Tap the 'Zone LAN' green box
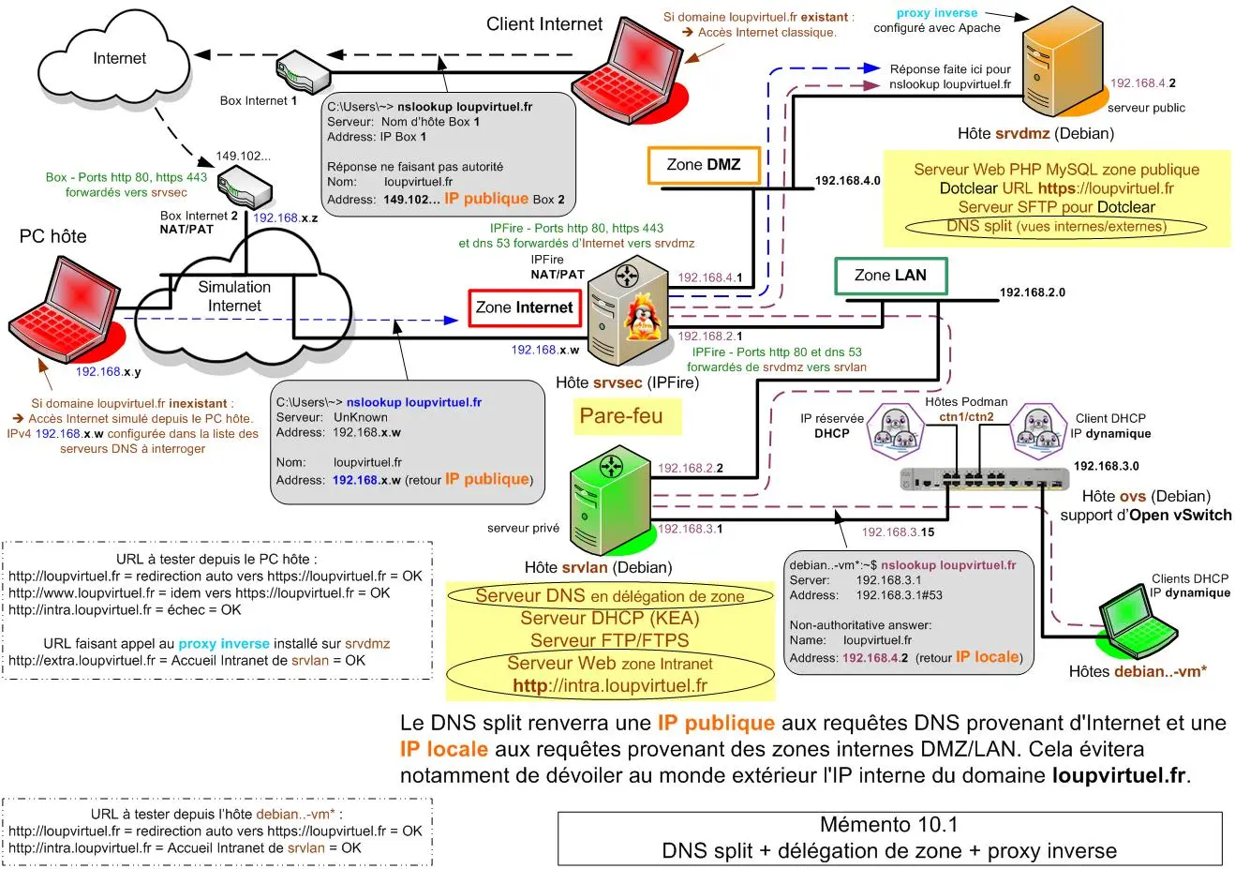tap(890, 276)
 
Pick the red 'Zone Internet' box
tap(524, 307)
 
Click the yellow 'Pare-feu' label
tap(621, 416)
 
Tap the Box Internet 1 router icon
tap(302, 68)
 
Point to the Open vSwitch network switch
tap(984, 478)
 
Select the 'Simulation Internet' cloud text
tap(234, 296)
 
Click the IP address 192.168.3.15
tap(898, 532)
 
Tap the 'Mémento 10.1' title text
tap(888, 825)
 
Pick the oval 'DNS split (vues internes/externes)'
tap(1056, 226)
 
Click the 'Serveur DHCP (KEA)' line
tap(609, 619)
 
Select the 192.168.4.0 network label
tap(847, 181)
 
